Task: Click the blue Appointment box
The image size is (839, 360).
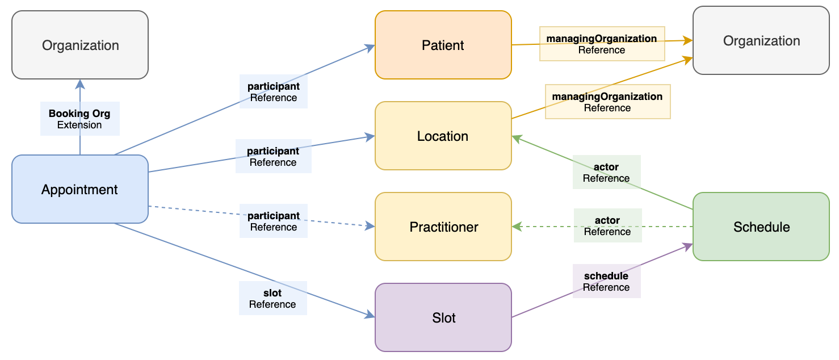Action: (79, 189)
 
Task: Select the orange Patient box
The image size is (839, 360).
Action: (443, 45)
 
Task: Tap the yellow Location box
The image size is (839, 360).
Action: (443, 136)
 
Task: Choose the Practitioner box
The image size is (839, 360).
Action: (443, 227)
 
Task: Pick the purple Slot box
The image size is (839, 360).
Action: (443, 317)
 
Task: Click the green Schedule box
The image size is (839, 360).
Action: (761, 227)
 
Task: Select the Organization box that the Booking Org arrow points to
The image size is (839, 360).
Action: (80, 45)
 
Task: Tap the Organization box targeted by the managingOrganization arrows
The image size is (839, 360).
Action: (761, 40)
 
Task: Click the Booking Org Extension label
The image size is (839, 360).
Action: (79, 119)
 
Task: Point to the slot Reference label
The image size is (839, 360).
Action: (272, 299)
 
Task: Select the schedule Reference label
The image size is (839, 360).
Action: (606, 282)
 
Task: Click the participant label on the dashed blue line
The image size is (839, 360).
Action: (273, 221)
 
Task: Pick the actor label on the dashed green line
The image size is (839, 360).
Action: (607, 226)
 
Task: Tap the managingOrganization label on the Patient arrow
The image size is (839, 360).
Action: (602, 44)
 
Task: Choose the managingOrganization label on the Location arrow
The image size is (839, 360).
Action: (607, 102)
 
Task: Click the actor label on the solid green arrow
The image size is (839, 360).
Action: (606, 173)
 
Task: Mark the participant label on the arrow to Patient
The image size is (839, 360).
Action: (273, 92)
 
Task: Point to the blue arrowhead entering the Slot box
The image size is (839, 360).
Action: (371, 316)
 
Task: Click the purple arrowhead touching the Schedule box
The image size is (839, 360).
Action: (689, 245)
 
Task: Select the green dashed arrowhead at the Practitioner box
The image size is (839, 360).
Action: (516, 227)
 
